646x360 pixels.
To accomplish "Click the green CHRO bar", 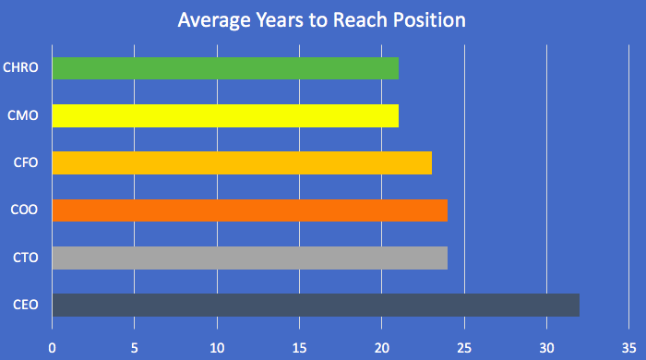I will [225, 68].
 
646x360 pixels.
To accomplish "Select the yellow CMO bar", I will [225, 115].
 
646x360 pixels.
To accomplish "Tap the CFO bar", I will [242, 162].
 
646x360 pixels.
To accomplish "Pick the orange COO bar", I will [250, 210].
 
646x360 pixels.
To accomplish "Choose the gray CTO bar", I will [250, 258].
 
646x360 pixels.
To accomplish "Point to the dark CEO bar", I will [316, 305].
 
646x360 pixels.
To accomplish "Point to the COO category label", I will [23, 210].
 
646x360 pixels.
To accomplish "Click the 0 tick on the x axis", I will [53, 347].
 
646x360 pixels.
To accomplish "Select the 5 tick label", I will [135, 347].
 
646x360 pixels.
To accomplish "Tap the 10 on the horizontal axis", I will [217, 347].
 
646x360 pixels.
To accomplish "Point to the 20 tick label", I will [382, 347].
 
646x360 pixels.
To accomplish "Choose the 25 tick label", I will [464, 347].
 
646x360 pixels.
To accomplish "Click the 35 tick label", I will [628, 347].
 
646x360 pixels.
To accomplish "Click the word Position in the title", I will [429, 19].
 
